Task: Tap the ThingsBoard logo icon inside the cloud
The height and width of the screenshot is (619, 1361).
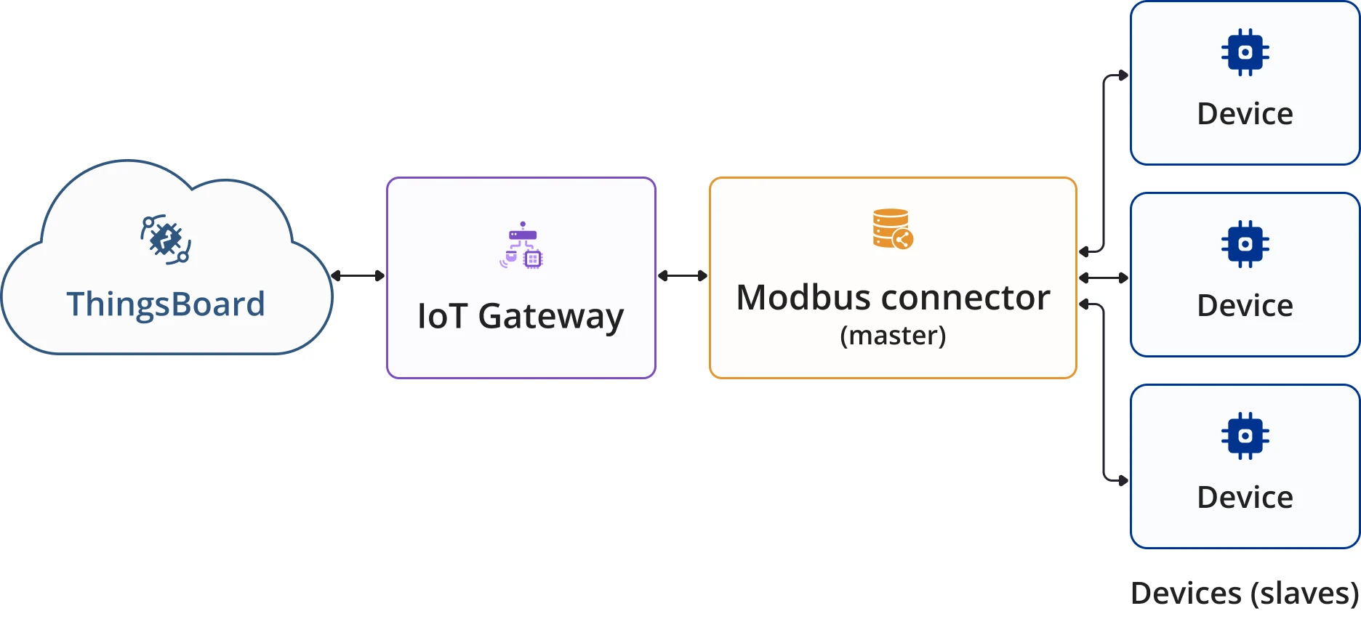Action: click(166, 239)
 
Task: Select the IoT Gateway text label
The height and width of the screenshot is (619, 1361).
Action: click(521, 317)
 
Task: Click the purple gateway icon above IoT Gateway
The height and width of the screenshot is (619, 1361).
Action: click(521, 245)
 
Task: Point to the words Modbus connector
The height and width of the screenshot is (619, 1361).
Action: click(893, 298)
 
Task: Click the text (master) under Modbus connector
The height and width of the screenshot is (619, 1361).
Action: click(893, 336)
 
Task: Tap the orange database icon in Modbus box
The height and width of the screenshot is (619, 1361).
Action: click(893, 229)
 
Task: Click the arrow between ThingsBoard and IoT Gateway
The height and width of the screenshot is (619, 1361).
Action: click(358, 276)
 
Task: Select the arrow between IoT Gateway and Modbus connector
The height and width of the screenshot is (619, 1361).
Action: click(683, 276)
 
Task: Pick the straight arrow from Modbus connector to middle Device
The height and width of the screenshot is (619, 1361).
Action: click(1104, 278)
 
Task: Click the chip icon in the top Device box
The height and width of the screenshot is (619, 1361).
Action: click(1245, 52)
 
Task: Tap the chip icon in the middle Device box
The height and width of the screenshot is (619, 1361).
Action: click(1245, 244)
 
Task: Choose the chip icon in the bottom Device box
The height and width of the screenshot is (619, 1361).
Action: click(1245, 436)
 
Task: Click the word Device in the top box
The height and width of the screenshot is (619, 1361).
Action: click(1245, 114)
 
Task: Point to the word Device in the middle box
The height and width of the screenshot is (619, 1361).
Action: click(1245, 306)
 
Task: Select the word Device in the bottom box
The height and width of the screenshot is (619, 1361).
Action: click(1245, 498)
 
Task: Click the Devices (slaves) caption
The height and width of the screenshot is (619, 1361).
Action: click(1245, 594)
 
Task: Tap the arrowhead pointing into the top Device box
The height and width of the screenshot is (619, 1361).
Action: click(1124, 76)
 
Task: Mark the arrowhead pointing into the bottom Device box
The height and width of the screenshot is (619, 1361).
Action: click(1124, 480)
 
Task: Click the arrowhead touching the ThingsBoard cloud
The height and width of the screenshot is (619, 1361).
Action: click(336, 276)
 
